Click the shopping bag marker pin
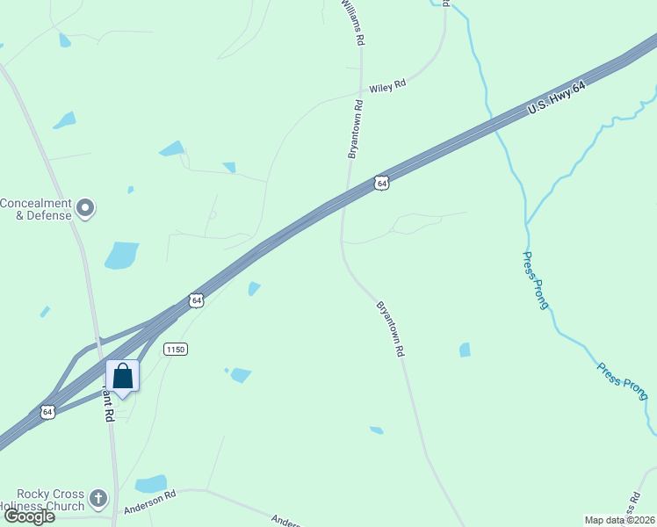123,377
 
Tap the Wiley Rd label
387,86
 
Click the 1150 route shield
176,349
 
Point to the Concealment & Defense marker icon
85,208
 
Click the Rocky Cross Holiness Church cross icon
98,499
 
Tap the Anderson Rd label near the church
150,502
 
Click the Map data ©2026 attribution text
619,520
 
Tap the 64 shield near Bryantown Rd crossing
379,182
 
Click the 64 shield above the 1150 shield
196,300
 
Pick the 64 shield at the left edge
47,411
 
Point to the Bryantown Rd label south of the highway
390,328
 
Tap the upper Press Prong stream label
535,280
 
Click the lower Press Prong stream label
622,381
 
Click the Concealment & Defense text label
35,209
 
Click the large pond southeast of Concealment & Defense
122,255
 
